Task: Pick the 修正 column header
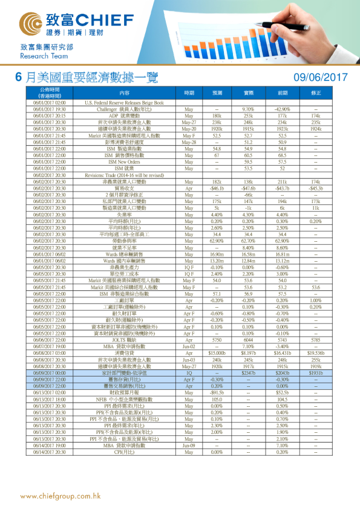pos(316,93)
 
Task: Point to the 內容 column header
pos(125,93)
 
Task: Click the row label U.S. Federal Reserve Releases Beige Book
pos(125,103)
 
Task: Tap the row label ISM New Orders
pos(125,162)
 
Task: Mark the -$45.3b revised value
pos(316,188)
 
